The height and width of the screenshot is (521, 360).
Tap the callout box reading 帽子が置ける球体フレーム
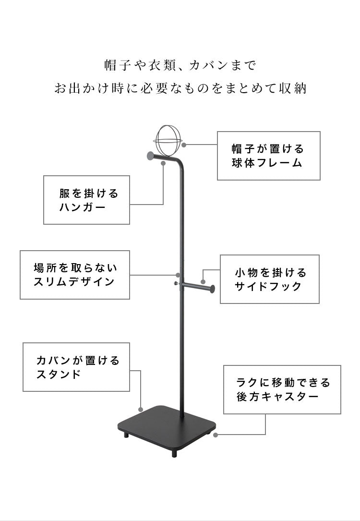268,156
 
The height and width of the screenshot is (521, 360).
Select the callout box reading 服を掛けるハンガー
86,200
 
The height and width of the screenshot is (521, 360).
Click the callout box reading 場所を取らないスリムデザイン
75,275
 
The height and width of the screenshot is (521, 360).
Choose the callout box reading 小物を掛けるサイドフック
270,279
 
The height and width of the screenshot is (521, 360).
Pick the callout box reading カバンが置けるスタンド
77,367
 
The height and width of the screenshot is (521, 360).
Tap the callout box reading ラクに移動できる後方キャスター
282,389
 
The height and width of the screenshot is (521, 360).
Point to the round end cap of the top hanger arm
151,156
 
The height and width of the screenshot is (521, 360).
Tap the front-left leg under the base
126,435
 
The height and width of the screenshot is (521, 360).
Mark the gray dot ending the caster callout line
216,436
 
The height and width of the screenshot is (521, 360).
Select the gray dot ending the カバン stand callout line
141,409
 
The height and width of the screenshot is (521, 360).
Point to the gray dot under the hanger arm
164,163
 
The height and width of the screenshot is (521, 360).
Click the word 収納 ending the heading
291,89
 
